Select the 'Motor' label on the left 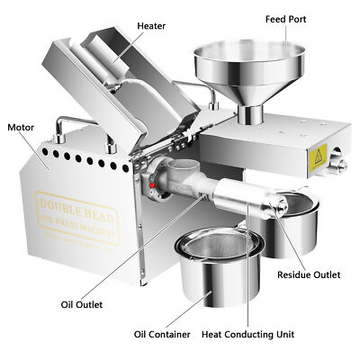(22, 127)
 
